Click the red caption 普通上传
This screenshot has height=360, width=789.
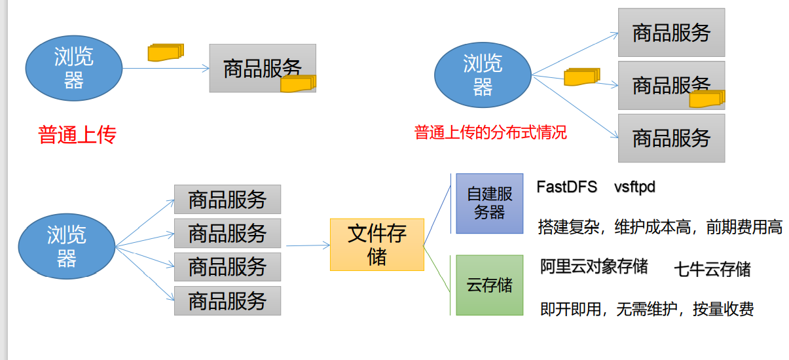coord(77,135)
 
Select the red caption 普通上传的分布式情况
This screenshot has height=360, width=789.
coord(490,133)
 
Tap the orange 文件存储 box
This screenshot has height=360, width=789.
coord(377,245)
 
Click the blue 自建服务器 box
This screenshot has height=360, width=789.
coord(490,204)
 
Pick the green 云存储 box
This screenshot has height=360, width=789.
coord(490,285)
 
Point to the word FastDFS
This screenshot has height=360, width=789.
coord(567,187)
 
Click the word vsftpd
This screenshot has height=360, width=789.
coord(634,187)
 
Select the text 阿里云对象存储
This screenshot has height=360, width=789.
coord(594,266)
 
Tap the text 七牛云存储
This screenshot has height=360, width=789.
coord(712,269)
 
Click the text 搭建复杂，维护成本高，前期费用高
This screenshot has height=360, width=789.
coord(660,228)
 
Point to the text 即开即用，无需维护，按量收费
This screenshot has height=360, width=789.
coord(647,309)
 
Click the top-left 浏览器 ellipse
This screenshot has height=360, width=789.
coord(74,68)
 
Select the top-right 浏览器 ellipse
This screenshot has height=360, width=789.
coord(483,75)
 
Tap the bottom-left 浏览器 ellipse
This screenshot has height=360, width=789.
coord(66,245)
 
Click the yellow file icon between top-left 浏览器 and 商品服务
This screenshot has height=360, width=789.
coord(166,52)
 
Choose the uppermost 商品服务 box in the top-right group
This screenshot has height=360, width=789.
coord(671,33)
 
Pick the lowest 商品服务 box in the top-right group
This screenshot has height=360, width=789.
coord(671,138)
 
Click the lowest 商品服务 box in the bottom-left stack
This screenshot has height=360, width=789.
coord(227,300)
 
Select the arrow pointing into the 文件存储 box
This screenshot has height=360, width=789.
coord(308,245)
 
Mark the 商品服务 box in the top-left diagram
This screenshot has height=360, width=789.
coord(263,68)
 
